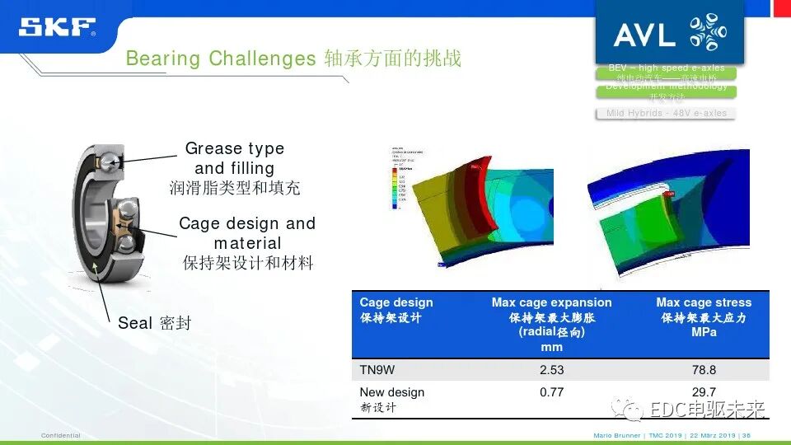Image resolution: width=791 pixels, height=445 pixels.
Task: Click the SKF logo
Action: point(57,27)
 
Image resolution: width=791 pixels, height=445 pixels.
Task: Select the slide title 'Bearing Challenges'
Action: point(220,59)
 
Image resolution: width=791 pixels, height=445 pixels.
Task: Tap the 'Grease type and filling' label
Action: point(234,158)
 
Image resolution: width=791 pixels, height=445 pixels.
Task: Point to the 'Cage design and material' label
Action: point(247,233)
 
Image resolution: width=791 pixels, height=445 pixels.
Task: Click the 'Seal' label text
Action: point(136,323)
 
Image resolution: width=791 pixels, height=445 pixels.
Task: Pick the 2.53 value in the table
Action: point(551,370)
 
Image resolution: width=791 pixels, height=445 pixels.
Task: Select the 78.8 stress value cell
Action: point(704,370)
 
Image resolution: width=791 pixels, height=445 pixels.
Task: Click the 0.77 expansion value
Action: point(551,392)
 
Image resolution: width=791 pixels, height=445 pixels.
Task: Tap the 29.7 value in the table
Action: point(704,392)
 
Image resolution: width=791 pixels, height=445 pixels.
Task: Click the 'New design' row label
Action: point(392,392)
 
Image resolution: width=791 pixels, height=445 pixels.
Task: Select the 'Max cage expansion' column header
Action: point(551,302)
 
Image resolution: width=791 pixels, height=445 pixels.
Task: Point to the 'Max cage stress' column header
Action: point(704,302)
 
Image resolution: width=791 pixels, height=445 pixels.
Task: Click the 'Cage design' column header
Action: point(395,302)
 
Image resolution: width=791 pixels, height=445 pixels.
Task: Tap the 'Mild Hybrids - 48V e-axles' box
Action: point(666,113)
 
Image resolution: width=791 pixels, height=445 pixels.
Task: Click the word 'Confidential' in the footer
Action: point(61,435)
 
